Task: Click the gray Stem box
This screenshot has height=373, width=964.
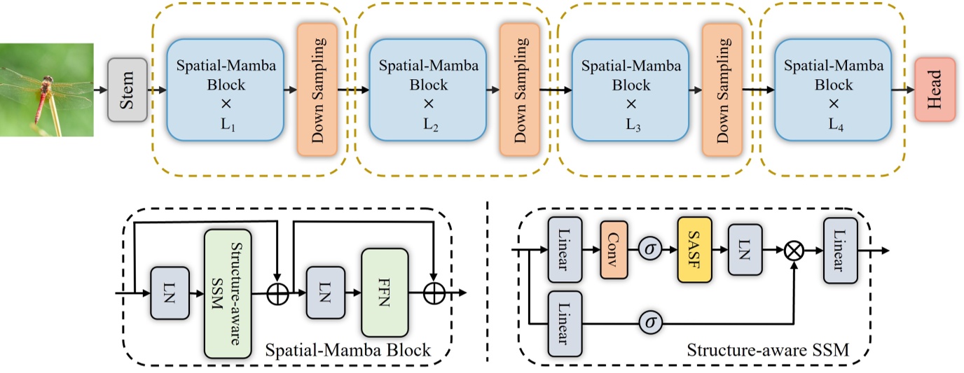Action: point(127,90)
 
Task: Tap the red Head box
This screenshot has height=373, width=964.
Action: point(935,90)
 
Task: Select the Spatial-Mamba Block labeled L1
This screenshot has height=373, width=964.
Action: point(225,90)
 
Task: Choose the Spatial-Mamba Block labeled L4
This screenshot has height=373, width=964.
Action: point(833,90)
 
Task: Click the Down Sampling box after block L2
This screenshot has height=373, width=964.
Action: point(519,90)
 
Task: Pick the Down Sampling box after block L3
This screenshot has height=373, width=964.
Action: point(722,90)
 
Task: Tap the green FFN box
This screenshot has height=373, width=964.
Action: point(384,293)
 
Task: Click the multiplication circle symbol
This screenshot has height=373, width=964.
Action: point(794,250)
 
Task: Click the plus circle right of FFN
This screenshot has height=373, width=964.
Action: point(435,294)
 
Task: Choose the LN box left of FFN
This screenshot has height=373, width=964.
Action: point(324,293)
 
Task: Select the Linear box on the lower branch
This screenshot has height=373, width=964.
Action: point(568,323)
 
